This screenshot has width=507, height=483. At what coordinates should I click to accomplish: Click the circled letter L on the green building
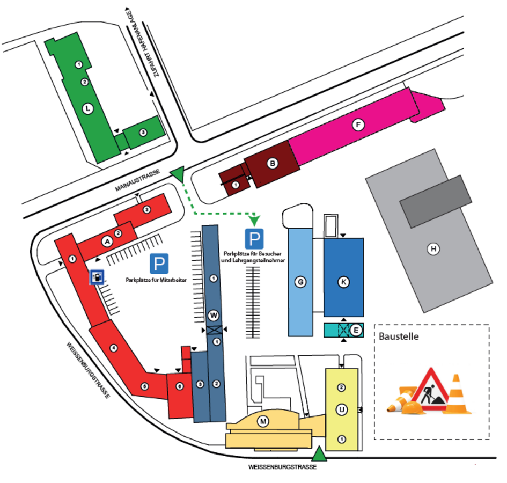click(x=87, y=109)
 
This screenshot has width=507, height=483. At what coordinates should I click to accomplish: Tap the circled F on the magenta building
click(x=358, y=125)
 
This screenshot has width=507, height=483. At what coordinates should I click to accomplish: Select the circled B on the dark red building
click(x=273, y=163)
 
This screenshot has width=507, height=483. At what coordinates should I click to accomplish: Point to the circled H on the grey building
click(x=433, y=249)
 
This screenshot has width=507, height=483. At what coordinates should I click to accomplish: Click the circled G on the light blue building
click(x=300, y=282)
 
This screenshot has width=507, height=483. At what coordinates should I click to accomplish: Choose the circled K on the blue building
click(x=343, y=282)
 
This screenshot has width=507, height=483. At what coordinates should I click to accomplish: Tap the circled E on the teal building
click(x=356, y=330)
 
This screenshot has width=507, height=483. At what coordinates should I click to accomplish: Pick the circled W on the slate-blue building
click(x=214, y=316)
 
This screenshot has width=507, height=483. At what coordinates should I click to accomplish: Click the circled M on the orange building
click(x=263, y=421)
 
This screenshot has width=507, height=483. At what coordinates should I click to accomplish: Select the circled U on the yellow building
click(x=341, y=410)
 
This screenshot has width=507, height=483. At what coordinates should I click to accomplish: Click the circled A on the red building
click(x=107, y=241)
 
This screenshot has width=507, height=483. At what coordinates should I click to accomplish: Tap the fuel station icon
click(x=97, y=277)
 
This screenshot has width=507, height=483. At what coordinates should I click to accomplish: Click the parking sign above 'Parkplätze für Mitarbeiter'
click(x=159, y=264)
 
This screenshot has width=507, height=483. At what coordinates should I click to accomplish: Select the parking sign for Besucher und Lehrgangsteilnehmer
click(x=254, y=239)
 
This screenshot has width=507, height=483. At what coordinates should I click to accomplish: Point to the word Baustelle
click(x=398, y=336)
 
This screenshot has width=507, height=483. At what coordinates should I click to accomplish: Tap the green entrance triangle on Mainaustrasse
click(x=178, y=174)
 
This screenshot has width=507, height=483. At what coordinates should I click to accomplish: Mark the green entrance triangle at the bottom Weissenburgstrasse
click(x=319, y=453)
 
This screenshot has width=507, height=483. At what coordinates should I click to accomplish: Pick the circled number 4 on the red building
click(x=114, y=348)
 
